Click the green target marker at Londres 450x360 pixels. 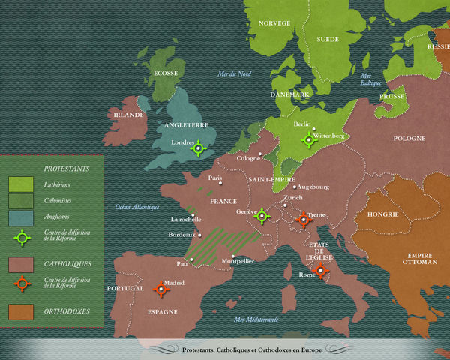(x=198, y=148)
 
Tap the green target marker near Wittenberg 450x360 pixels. (x=308, y=139)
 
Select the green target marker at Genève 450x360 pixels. (x=262, y=217)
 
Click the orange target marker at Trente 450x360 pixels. (x=304, y=219)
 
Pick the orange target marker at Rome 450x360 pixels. (x=321, y=271)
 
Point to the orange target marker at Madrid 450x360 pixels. (x=160, y=289)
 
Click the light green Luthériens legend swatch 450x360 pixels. (x=21, y=184)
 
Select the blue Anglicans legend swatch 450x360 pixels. (x=21, y=217)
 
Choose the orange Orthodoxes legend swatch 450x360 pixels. (x=21, y=310)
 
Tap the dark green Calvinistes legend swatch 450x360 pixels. (x=21, y=200)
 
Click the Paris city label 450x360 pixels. (x=216, y=178)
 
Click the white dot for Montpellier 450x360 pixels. (x=233, y=256)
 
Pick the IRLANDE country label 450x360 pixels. (x=128, y=115)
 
